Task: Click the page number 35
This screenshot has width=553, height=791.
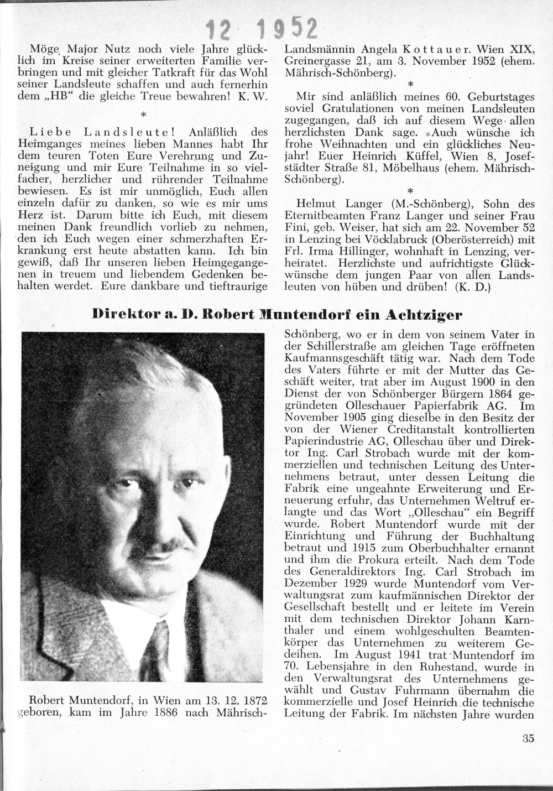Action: (x=528, y=738)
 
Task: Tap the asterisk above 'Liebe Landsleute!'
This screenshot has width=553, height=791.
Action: (x=143, y=115)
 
